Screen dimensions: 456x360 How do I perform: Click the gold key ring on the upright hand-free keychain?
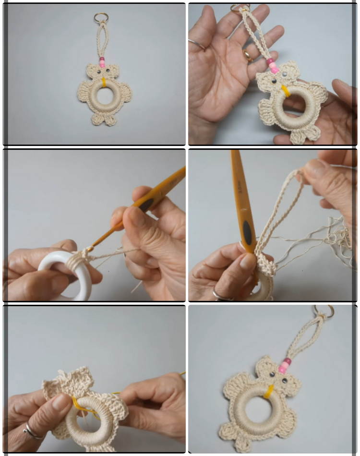coord(101,18)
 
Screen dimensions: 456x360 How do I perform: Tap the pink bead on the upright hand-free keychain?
coord(102,61)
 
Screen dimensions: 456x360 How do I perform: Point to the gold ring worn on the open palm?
coord(248,55)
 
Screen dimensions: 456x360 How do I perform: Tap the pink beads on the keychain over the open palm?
coord(273,66)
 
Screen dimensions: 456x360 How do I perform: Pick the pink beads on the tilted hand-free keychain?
coord(285,366)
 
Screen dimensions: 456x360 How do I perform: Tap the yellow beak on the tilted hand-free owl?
coord(269,391)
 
